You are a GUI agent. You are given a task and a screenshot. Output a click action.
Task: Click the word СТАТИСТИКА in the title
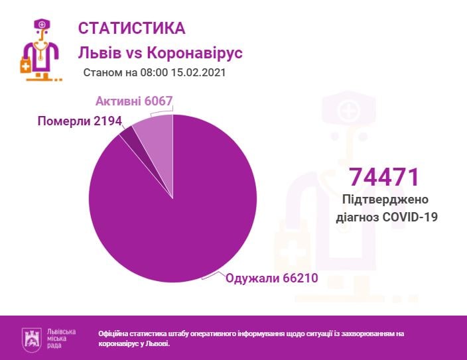point(132,28)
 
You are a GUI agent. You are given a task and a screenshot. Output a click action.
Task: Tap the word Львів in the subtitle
point(99,52)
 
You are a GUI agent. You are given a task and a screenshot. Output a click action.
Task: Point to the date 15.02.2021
point(198,72)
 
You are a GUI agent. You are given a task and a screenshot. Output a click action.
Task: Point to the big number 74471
point(385,177)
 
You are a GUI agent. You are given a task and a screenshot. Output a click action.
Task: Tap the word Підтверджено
point(385,200)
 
